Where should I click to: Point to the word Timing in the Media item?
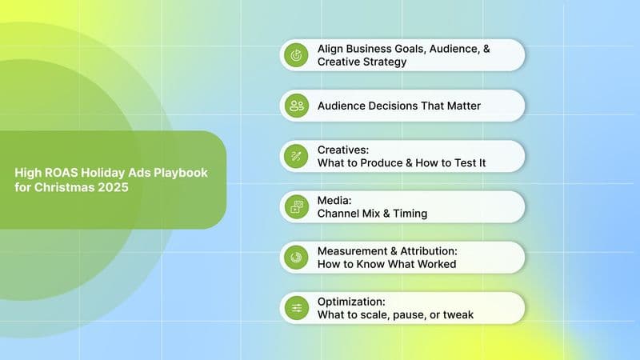[x=410, y=213]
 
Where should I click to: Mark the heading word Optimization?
[x=351, y=302]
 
